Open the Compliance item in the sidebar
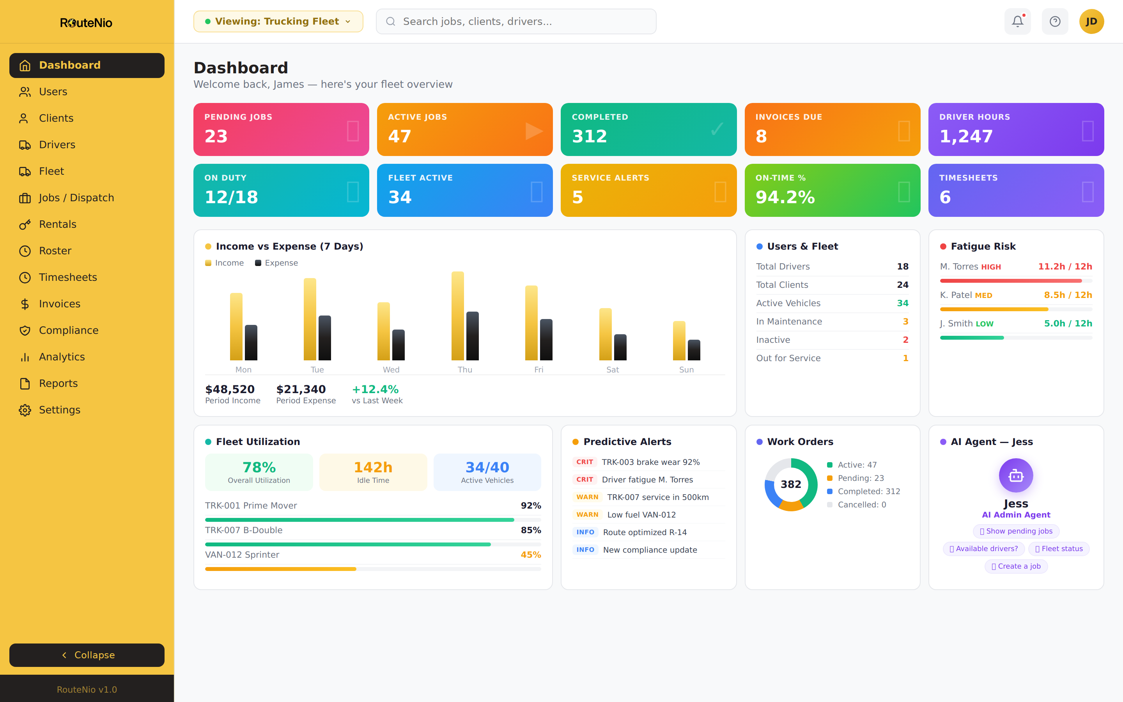tap(68, 330)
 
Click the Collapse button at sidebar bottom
tap(87, 655)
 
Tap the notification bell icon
tap(1017, 21)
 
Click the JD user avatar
tap(1091, 21)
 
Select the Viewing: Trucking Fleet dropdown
tap(278, 21)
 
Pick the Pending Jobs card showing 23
tap(281, 129)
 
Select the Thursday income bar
tap(457, 316)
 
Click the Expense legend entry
tap(276, 263)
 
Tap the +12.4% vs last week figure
tap(375, 389)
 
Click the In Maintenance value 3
tap(905, 321)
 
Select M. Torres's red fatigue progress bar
tap(1010, 280)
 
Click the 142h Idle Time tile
tap(373, 472)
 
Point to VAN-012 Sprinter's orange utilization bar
tap(280, 569)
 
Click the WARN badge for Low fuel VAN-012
tap(587, 514)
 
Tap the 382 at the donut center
tap(791, 484)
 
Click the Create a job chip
tap(1015, 566)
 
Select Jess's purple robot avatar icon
tap(1015, 475)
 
